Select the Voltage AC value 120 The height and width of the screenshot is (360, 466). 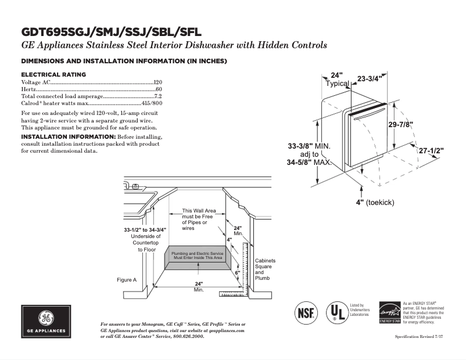pos(157,83)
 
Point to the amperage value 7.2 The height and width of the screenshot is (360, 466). pos(157,96)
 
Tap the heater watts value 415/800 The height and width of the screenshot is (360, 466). pos(152,102)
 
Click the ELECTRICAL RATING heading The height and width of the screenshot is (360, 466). pos(53,74)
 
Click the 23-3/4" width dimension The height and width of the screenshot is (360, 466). pos(369,78)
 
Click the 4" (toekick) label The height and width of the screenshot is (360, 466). pos(375,202)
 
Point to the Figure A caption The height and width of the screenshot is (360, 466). pos(126,280)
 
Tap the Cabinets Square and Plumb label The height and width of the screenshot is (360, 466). pos(265,269)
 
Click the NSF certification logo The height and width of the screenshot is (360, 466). pos(307,312)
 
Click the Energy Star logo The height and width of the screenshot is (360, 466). pos(389,312)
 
